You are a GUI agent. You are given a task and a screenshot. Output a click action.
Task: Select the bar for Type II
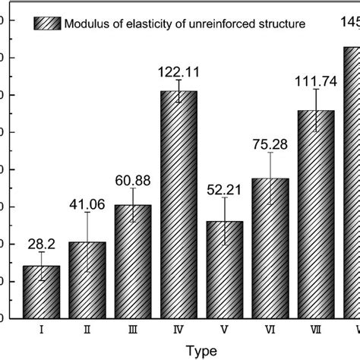pos(87,281)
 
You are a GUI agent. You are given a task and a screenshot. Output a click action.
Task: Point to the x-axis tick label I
pos(41,331)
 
